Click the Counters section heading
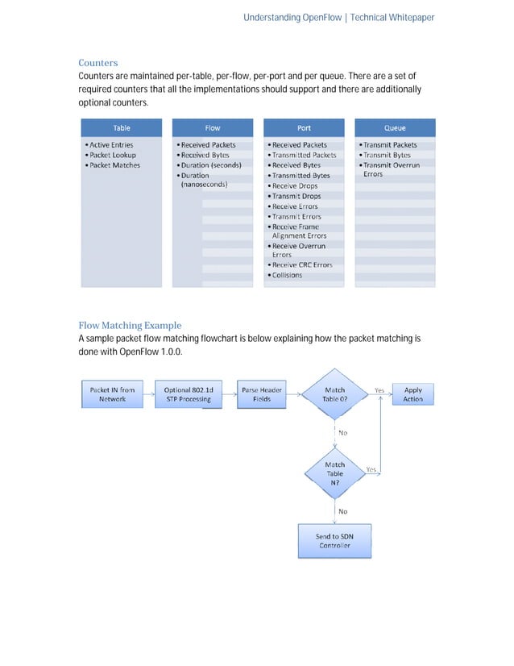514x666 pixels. (x=97, y=63)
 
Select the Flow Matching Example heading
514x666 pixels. (x=130, y=326)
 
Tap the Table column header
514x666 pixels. (x=122, y=127)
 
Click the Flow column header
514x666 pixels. (x=213, y=127)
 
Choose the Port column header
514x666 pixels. (x=304, y=127)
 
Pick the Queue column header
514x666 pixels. (x=395, y=127)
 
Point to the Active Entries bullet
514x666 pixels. (x=111, y=145)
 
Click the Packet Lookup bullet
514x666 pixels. (x=113, y=155)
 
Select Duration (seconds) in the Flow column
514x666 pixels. (x=210, y=165)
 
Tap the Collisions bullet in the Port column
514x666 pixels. (x=287, y=275)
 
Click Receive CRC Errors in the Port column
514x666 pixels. (x=301, y=264)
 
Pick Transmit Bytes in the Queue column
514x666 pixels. (x=387, y=155)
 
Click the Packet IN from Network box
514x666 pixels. (x=112, y=394)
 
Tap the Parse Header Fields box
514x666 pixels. (x=262, y=394)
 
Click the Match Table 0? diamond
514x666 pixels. (x=334, y=394)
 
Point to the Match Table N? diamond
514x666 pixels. (x=334, y=473)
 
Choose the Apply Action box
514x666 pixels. (x=412, y=394)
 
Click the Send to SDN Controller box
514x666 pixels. (x=334, y=540)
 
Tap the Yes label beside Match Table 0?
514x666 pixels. (x=379, y=389)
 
